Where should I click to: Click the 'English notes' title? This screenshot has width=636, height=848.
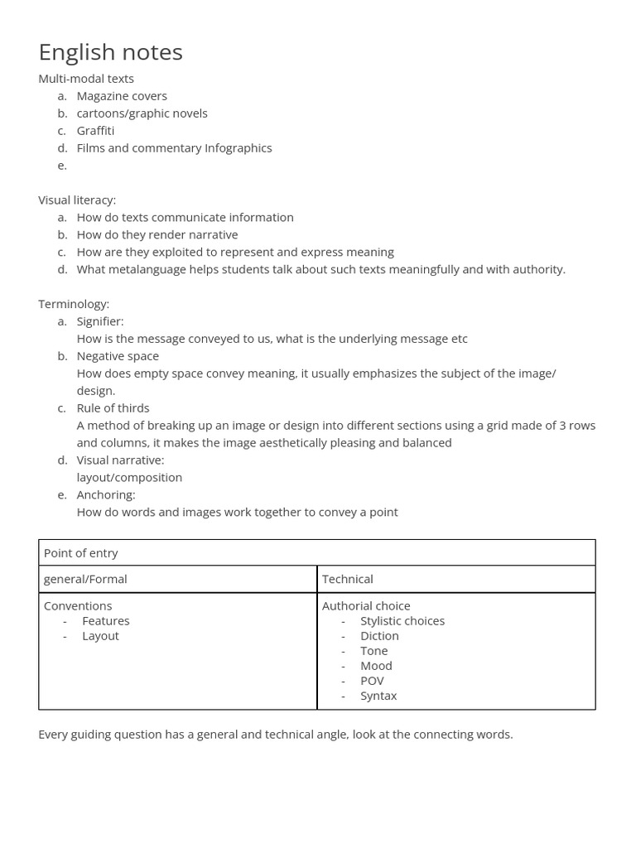[x=110, y=52]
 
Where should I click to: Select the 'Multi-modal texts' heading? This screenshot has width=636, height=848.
[x=86, y=79]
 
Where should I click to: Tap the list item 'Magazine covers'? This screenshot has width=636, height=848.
[x=122, y=96]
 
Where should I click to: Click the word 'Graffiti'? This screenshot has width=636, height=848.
[x=95, y=131]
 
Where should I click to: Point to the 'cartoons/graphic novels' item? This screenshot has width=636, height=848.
[x=142, y=113]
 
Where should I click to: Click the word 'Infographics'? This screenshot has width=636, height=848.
[x=238, y=148]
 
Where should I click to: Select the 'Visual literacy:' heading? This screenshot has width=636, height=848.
[x=77, y=200]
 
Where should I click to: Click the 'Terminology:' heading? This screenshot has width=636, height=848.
[x=74, y=304]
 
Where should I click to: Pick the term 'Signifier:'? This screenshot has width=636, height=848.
[x=100, y=321]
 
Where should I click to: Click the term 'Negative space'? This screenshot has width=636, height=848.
[x=118, y=356]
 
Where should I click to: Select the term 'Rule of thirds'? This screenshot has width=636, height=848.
[x=113, y=408]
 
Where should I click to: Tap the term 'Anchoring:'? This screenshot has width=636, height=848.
[x=106, y=495]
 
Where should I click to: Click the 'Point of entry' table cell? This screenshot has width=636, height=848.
[x=81, y=553]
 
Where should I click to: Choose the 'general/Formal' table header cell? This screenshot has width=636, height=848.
[x=85, y=579]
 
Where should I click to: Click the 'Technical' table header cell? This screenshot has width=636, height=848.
[x=347, y=579]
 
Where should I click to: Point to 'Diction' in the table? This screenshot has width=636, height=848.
[x=379, y=636]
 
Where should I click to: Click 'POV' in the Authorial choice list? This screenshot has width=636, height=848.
[x=372, y=681]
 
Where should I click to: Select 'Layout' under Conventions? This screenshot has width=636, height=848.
[x=100, y=636]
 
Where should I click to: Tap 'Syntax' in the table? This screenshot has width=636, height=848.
[x=378, y=696]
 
